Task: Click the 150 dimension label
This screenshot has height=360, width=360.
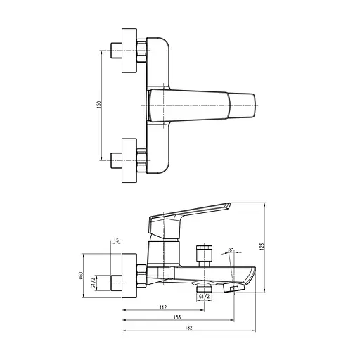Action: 100,104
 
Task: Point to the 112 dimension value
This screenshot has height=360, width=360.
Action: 163,307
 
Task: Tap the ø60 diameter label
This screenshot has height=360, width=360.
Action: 82,276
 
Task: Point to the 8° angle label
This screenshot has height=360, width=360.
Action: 231,248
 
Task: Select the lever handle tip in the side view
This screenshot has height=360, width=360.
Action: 227,207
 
